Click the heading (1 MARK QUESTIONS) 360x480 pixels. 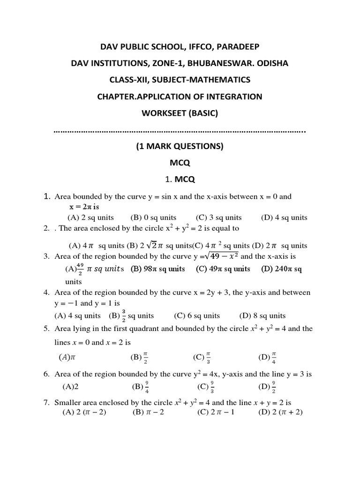point(180,146)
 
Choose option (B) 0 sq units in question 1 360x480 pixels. point(153,217)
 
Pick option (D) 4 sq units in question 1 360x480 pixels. point(284,217)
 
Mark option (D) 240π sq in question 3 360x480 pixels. point(282,269)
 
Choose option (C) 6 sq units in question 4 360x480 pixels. point(197,315)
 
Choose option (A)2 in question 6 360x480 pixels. point(70,387)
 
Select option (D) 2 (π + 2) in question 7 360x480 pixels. point(280,412)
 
